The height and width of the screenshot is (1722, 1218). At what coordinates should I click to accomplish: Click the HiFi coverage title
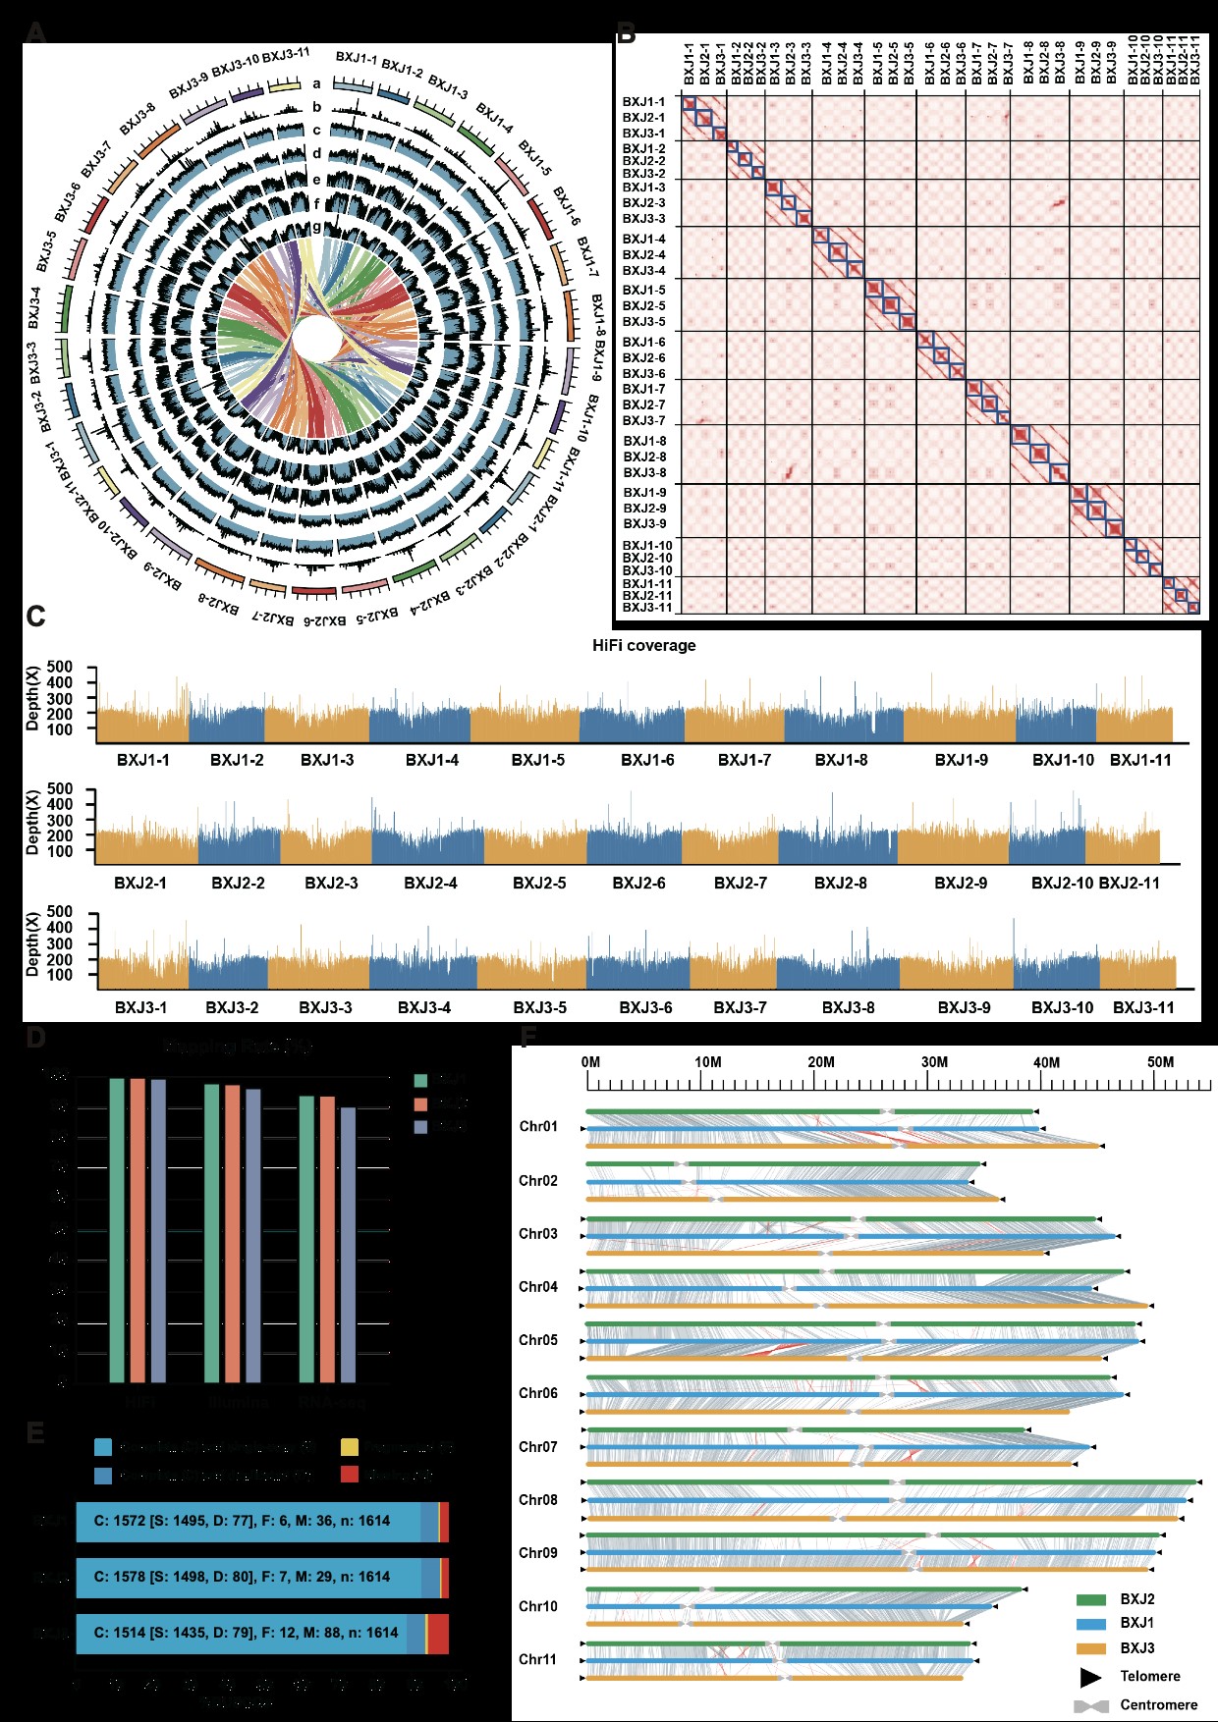point(643,645)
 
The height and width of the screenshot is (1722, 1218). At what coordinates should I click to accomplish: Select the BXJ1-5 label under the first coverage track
point(538,760)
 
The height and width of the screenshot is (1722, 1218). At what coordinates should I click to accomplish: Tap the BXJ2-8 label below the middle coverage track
point(840,883)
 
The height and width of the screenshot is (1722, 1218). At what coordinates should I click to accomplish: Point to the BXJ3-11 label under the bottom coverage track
point(1142,1007)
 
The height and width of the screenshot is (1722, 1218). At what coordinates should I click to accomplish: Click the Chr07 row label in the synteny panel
point(538,1447)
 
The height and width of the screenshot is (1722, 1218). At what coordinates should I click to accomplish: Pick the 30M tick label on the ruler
point(934,1062)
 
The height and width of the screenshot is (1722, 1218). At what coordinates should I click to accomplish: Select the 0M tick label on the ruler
point(590,1062)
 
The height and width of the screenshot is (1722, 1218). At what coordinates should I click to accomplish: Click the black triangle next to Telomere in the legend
point(1091,1677)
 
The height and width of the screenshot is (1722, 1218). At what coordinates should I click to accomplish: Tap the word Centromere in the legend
point(1158,1705)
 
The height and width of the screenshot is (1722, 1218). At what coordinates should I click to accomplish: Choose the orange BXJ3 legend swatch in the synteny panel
point(1091,1648)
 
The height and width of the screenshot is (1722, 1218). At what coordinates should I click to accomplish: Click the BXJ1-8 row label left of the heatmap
point(644,441)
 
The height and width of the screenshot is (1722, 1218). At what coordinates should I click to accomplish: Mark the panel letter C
point(35,617)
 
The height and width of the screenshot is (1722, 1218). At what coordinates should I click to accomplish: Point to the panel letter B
point(626,34)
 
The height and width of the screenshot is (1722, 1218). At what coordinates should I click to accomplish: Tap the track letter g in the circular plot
point(316,228)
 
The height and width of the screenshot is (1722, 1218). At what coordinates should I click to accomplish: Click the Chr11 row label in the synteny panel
point(538,1659)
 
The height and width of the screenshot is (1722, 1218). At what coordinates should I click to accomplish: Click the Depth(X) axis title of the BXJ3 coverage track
point(33,944)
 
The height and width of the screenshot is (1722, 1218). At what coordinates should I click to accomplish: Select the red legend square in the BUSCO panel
point(350,1475)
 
